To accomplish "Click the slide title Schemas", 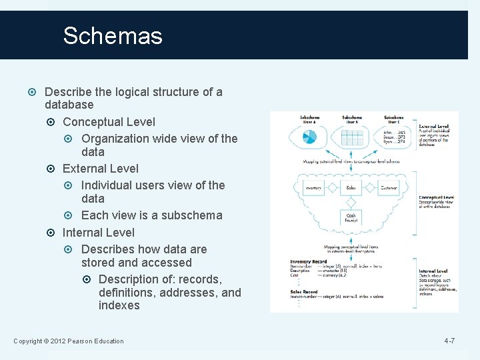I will pyautogui.click(x=113, y=35).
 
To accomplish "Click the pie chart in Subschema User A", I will pyautogui.click(x=309, y=137).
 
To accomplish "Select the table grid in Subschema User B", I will pyautogui.click(x=351, y=137).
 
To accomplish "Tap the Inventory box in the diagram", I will pyautogui.click(x=313, y=188).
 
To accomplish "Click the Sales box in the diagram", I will pyautogui.click(x=351, y=188).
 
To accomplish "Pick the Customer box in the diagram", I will pyautogui.click(x=388, y=188).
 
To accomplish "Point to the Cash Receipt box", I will pyautogui.click(x=351, y=217).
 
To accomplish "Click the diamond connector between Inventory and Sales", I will pyautogui.click(x=333, y=188).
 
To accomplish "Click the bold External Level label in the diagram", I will pyautogui.click(x=433, y=126).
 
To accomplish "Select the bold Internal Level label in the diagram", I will pyautogui.click(x=433, y=271).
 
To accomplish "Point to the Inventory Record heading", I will pyautogui.click(x=309, y=261).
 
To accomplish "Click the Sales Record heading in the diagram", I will pyautogui.click(x=304, y=291).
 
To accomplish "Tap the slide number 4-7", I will pyautogui.click(x=449, y=341).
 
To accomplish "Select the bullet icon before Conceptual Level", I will pyautogui.click(x=54, y=122).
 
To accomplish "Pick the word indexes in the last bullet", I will pyautogui.click(x=119, y=305).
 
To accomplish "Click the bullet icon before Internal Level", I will pyautogui.click(x=54, y=233).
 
